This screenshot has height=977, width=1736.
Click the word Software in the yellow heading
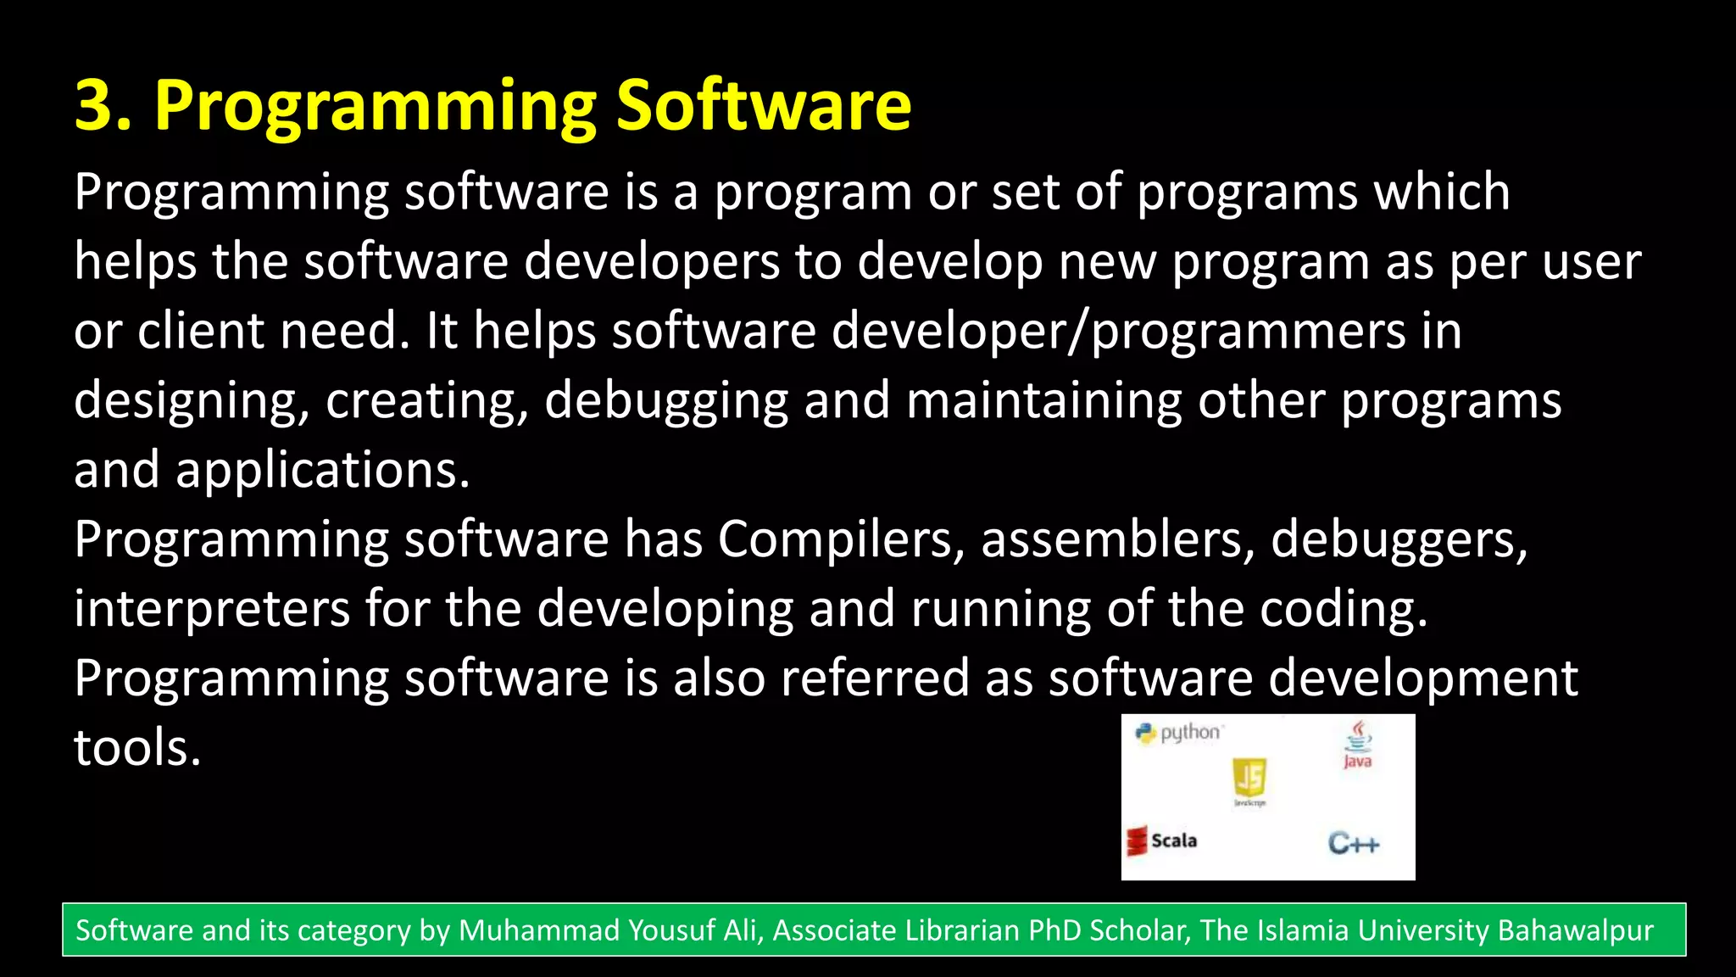pos(763,105)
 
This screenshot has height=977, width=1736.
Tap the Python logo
pos(1178,733)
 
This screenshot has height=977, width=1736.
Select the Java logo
pos(1358,744)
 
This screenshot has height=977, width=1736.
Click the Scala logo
pos(1162,840)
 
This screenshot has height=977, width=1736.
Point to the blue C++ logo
pos(1354,843)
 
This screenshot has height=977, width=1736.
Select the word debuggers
pos(1399,539)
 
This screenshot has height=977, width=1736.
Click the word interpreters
pos(212,609)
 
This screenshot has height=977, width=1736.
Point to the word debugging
pos(666,400)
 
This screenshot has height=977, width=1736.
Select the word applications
pos(322,470)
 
